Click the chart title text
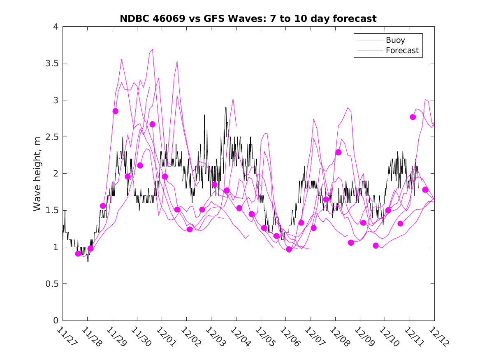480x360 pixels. (x=248, y=19)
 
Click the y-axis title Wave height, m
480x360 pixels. (x=37, y=174)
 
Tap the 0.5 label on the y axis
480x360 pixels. (x=51, y=284)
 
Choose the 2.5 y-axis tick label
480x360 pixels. (x=51, y=137)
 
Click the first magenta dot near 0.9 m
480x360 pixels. (x=78, y=253)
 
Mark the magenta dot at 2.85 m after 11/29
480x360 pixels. (x=115, y=111)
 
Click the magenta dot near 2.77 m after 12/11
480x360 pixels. (x=413, y=117)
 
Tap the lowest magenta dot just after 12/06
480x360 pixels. (x=289, y=249)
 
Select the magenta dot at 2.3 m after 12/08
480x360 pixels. (x=339, y=152)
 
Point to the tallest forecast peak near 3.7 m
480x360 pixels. (x=152, y=49)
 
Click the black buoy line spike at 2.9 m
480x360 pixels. (x=226, y=108)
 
